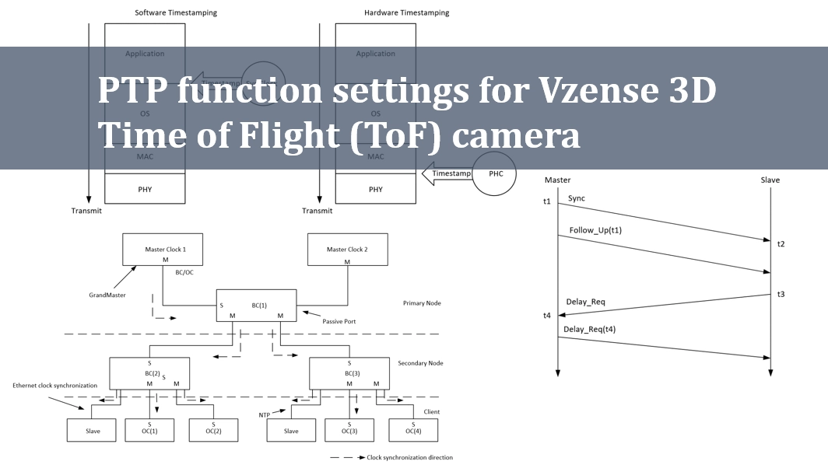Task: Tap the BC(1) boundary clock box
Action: coord(256,306)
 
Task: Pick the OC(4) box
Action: coord(413,430)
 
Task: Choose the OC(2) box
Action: coord(213,430)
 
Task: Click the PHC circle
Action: coord(496,173)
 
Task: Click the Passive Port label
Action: coord(340,321)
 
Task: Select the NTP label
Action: coord(265,415)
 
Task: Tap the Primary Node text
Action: coord(422,302)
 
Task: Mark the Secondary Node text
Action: coord(419,363)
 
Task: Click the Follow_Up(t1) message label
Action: coord(595,230)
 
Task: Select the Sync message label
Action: coord(576,198)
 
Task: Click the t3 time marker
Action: coord(781,294)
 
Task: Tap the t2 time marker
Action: coord(781,244)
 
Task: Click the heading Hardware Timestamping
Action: coord(406,12)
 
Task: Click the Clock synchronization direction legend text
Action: coord(409,457)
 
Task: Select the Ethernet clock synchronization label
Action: coord(54,386)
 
